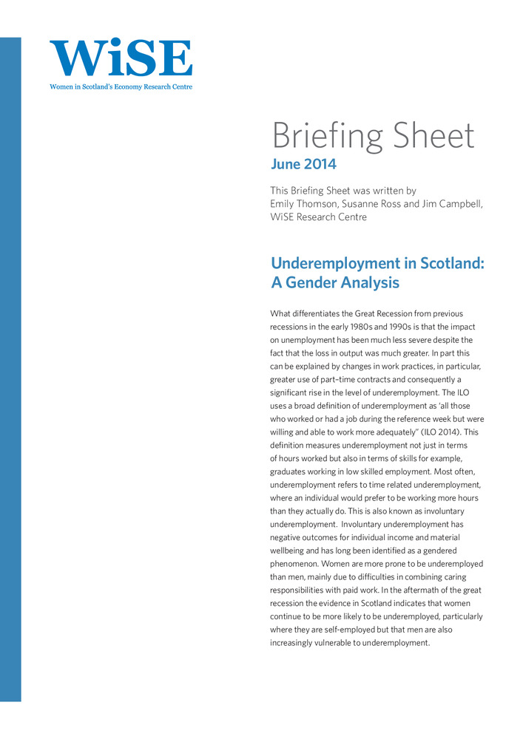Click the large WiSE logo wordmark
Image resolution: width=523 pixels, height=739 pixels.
coord(121,58)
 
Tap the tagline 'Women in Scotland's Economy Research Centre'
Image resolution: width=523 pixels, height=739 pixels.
coord(121,86)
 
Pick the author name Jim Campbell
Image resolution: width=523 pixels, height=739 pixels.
coord(453,203)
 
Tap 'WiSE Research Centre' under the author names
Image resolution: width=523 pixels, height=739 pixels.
coord(318,217)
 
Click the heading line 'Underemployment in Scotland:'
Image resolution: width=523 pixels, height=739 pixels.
coord(377,263)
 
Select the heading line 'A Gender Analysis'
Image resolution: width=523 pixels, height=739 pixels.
coord(335,282)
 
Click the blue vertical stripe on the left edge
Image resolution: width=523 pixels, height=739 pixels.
coord(10,369)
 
